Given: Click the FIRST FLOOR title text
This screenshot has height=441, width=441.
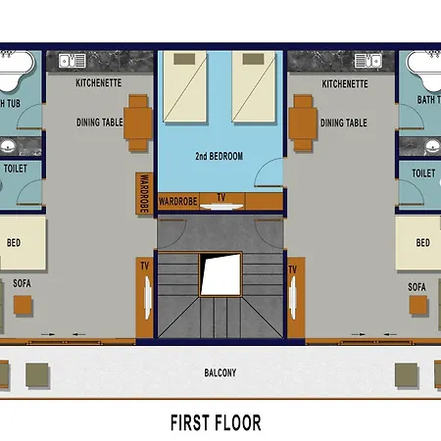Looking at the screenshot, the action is [x=216, y=422].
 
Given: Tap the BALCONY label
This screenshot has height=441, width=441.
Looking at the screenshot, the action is [x=220, y=372].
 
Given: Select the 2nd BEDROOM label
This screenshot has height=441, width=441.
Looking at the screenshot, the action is [x=220, y=156].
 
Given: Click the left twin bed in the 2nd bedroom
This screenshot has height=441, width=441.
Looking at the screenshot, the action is [x=185, y=86].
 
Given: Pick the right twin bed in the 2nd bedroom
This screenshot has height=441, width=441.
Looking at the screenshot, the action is [x=254, y=86].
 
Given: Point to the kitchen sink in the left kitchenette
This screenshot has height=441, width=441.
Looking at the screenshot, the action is [x=73, y=61].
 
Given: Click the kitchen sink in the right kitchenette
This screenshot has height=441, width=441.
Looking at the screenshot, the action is [x=368, y=61].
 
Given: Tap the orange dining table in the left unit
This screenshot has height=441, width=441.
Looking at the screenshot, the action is [x=138, y=122].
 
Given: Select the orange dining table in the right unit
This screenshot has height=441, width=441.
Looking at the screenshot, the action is [x=303, y=122].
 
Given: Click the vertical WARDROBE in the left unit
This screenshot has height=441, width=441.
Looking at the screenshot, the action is [x=144, y=194].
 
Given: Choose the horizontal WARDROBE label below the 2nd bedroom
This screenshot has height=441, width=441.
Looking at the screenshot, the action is [x=178, y=201].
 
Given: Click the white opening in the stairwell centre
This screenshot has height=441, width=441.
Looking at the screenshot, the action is [x=220, y=274].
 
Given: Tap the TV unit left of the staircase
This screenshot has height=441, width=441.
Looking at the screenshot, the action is [x=145, y=298].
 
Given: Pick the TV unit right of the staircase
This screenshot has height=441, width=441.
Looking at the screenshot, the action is [x=296, y=298].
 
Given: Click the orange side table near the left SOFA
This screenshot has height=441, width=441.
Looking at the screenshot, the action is [x=23, y=305].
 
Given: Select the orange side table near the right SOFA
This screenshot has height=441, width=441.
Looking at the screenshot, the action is [x=418, y=305].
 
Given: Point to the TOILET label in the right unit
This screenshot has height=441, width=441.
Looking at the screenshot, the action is [x=423, y=173].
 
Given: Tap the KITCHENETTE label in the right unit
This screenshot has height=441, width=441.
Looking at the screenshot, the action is [x=345, y=84].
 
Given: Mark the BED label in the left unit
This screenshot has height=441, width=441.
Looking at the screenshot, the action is [x=14, y=243].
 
